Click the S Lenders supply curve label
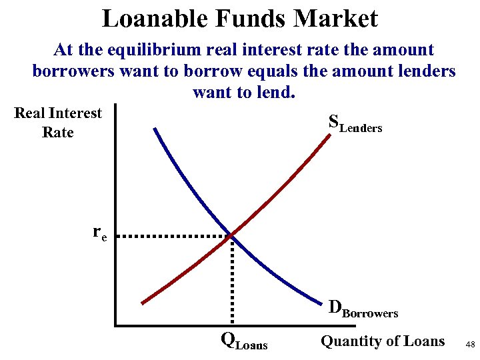point(355,123)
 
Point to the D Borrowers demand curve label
point(363,309)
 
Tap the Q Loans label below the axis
point(244,341)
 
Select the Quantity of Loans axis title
point(383,341)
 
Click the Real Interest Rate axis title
point(58,123)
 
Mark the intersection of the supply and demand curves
point(231,235)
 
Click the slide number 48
point(470,344)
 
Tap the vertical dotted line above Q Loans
point(232,280)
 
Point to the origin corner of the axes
point(115,325)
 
